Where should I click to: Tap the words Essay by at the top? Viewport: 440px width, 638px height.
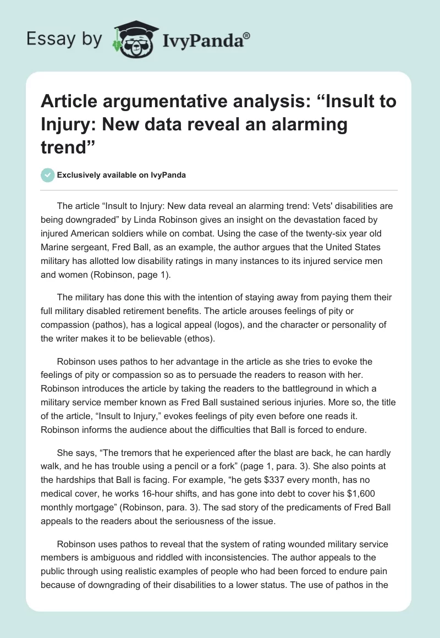[x=64, y=39]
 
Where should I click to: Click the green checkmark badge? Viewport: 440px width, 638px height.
[x=48, y=175]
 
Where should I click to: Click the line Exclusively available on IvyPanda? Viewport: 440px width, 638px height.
[x=122, y=175]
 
